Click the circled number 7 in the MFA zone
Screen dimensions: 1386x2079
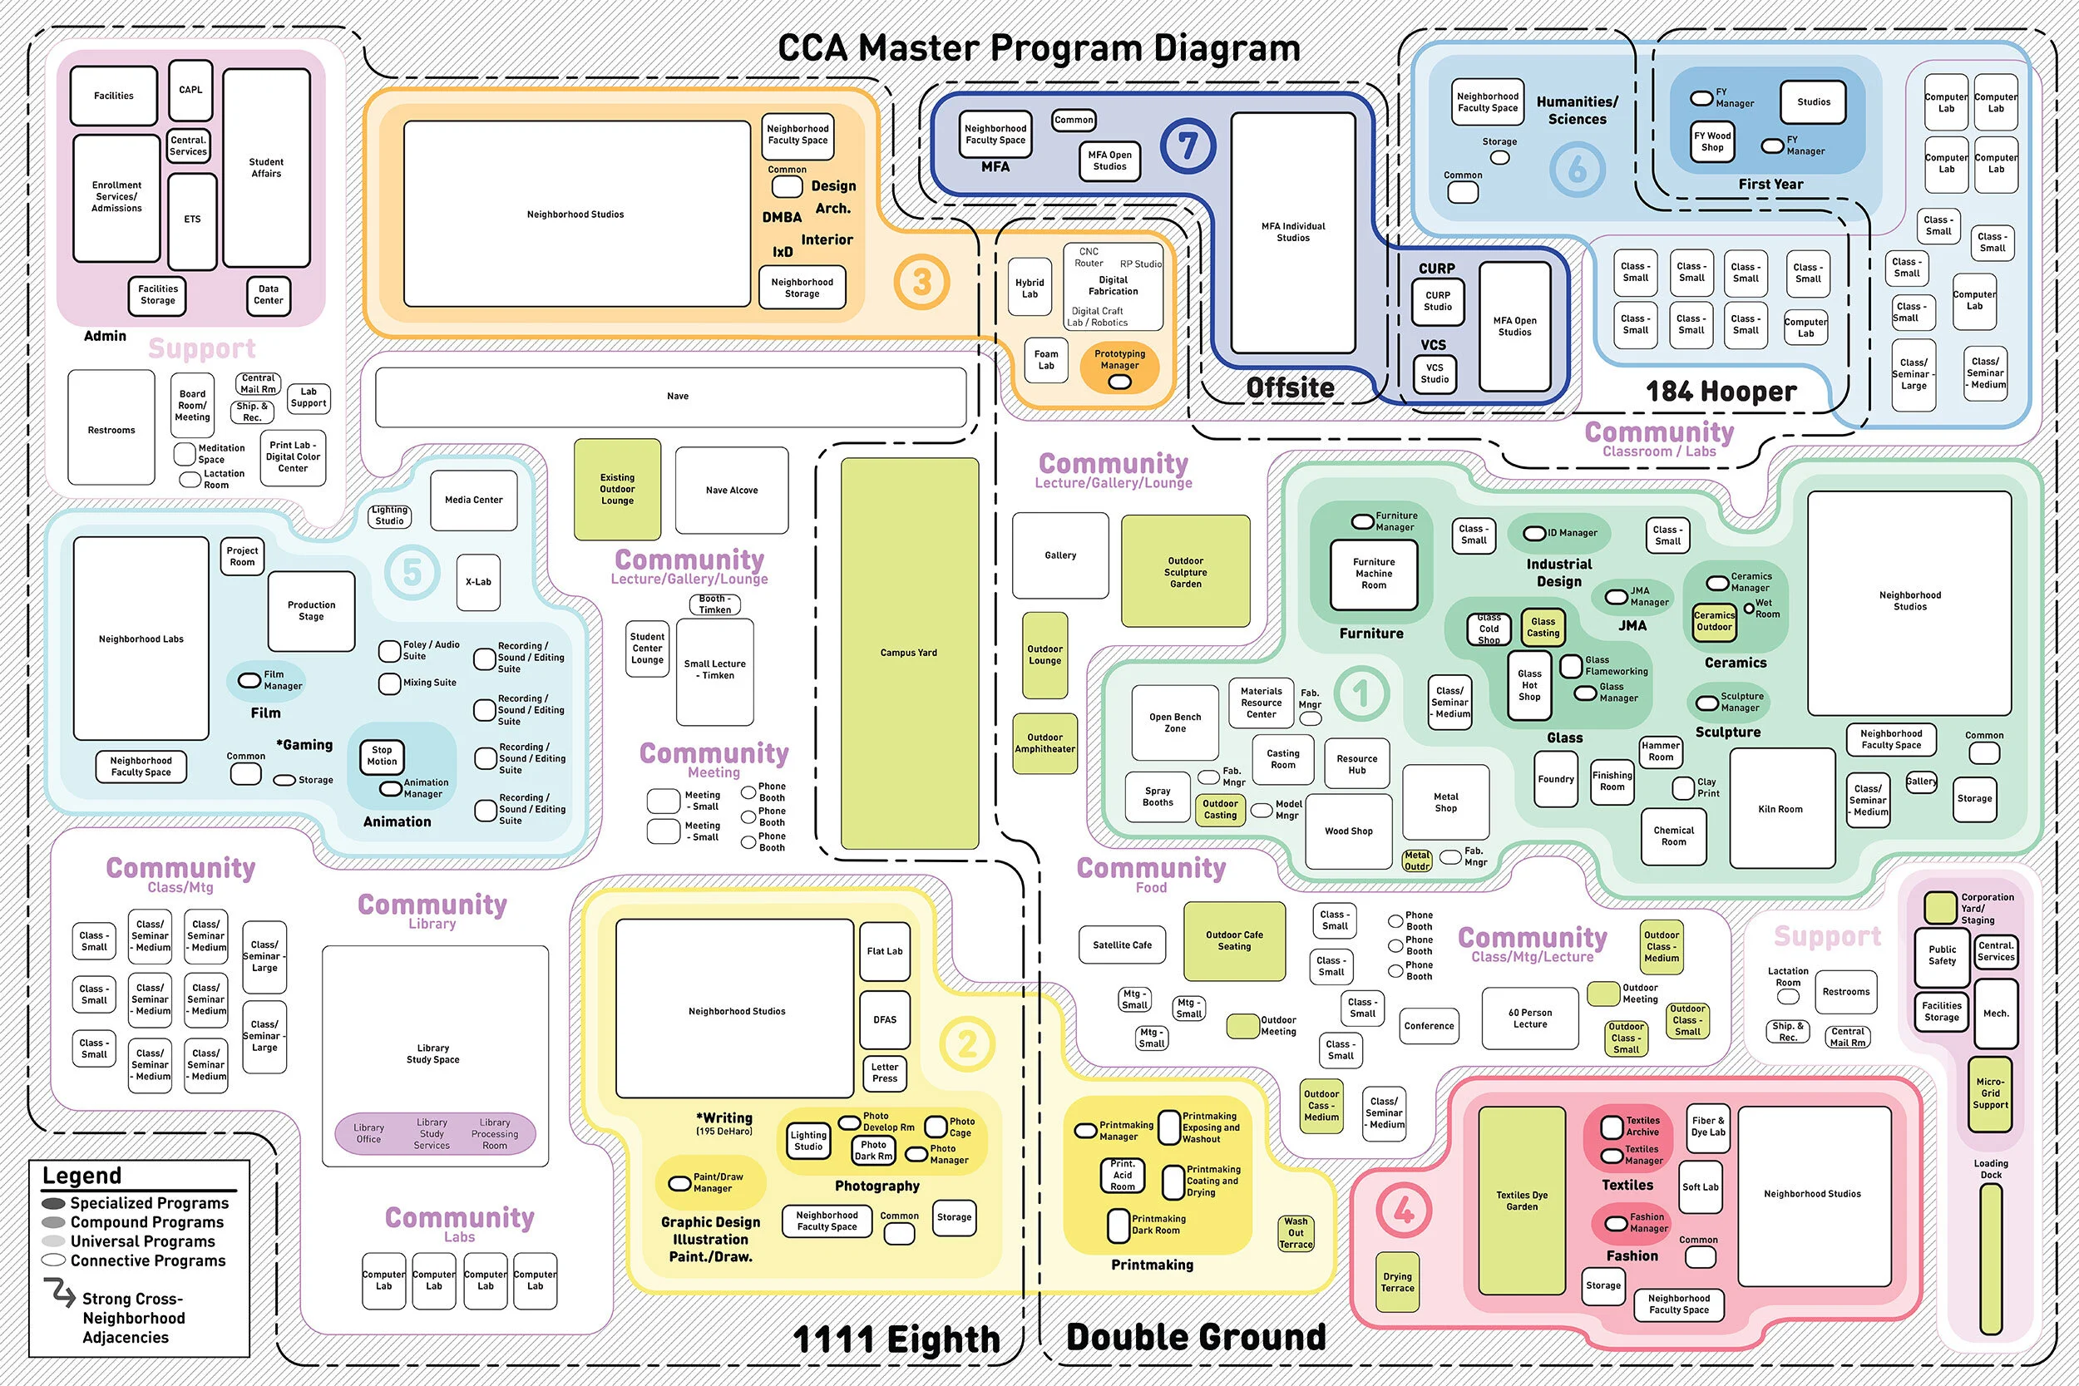tap(1188, 146)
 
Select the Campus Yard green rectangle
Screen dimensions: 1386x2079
tap(909, 654)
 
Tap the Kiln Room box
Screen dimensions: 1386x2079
tap(1781, 809)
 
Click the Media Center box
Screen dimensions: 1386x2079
tap(474, 501)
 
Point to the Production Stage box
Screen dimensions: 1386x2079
tap(311, 611)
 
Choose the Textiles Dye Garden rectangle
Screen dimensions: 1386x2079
tap(1521, 1201)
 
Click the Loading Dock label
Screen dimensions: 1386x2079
tap(1991, 1168)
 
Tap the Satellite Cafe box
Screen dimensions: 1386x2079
tap(1122, 945)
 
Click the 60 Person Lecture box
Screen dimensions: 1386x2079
tap(1529, 1019)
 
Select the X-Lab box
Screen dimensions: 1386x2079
tap(478, 582)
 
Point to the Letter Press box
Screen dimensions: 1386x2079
tap(884, 1073)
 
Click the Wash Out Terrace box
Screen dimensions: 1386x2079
tap(1295, 1233)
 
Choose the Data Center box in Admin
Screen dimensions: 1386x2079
tap(269, 294)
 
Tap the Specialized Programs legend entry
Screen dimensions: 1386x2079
tap(149, 1203)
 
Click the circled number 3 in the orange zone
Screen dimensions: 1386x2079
tap(921, 282)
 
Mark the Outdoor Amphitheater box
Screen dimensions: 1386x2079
tap(1044, 742)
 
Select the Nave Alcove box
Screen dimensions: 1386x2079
tap(731, 490)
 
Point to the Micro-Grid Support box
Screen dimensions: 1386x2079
tap(1990, 1093)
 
